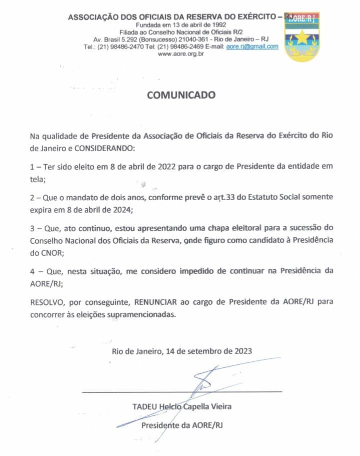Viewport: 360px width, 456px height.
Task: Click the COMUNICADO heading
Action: [181, 95]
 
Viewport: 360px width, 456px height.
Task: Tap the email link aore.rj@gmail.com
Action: [252, 46]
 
